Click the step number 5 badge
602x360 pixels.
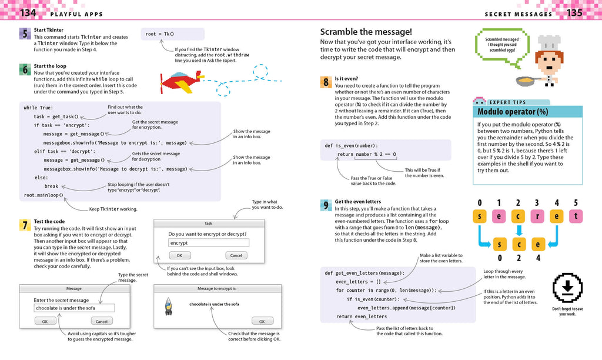click(x=24, y=34)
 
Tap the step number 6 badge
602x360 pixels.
click(x=24, y=69)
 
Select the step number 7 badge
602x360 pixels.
click(x=24, y=225)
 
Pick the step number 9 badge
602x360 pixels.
click(x=325, y=205)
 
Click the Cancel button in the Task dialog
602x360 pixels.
click(x=236, y=255)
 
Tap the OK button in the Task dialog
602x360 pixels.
click(x=179, y=255)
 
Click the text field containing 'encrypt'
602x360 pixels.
click(x=208, y=242)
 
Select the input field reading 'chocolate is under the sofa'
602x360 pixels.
click(x=73, y=308)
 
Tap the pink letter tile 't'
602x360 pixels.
click(x=576, y=216)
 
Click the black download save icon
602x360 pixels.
click(x=567, y=289)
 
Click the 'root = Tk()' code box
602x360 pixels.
click(x=172, y=34)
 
